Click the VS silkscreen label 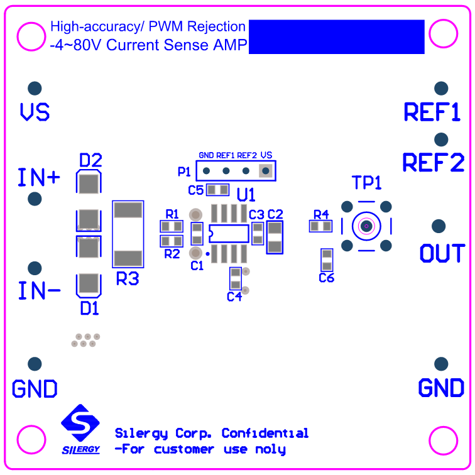35,112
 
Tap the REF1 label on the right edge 432,112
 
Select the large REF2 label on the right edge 433,163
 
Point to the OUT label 442,254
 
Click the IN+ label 39,178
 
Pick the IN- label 39,291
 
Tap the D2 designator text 90,160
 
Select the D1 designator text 89,308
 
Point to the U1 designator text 246,194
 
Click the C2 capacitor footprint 275,237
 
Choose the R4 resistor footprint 320,226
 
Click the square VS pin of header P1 266,170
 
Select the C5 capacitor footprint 218,189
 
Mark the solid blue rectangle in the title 337,36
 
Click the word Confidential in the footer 265,434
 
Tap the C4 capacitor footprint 235,278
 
